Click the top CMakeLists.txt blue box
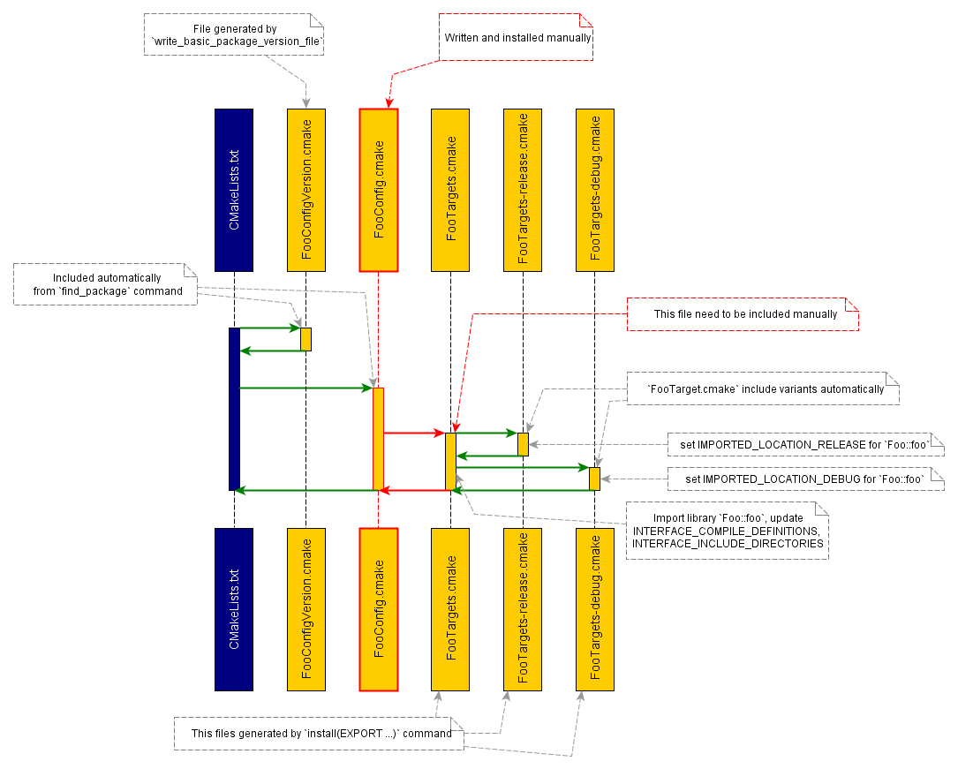pos(234,190)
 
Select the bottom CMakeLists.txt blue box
pos(234,609)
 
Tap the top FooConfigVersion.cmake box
pos(306,190)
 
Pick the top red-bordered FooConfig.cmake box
pos(379,190)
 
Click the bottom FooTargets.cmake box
pos(450,609)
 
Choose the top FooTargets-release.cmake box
pos(523,190)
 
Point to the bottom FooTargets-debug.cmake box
pos(594,609)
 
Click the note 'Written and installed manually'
pos(517,38)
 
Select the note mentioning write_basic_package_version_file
pos(234,35)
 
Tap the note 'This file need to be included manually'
pos(742,313)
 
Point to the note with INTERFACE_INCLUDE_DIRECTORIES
pos(728,531)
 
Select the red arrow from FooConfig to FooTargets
pos(413,433)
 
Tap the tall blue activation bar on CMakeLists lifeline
pos(234,409)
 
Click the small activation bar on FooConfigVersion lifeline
pos(306,339)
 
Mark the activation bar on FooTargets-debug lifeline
pos(594,479)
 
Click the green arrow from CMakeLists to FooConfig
pos(305,388)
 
